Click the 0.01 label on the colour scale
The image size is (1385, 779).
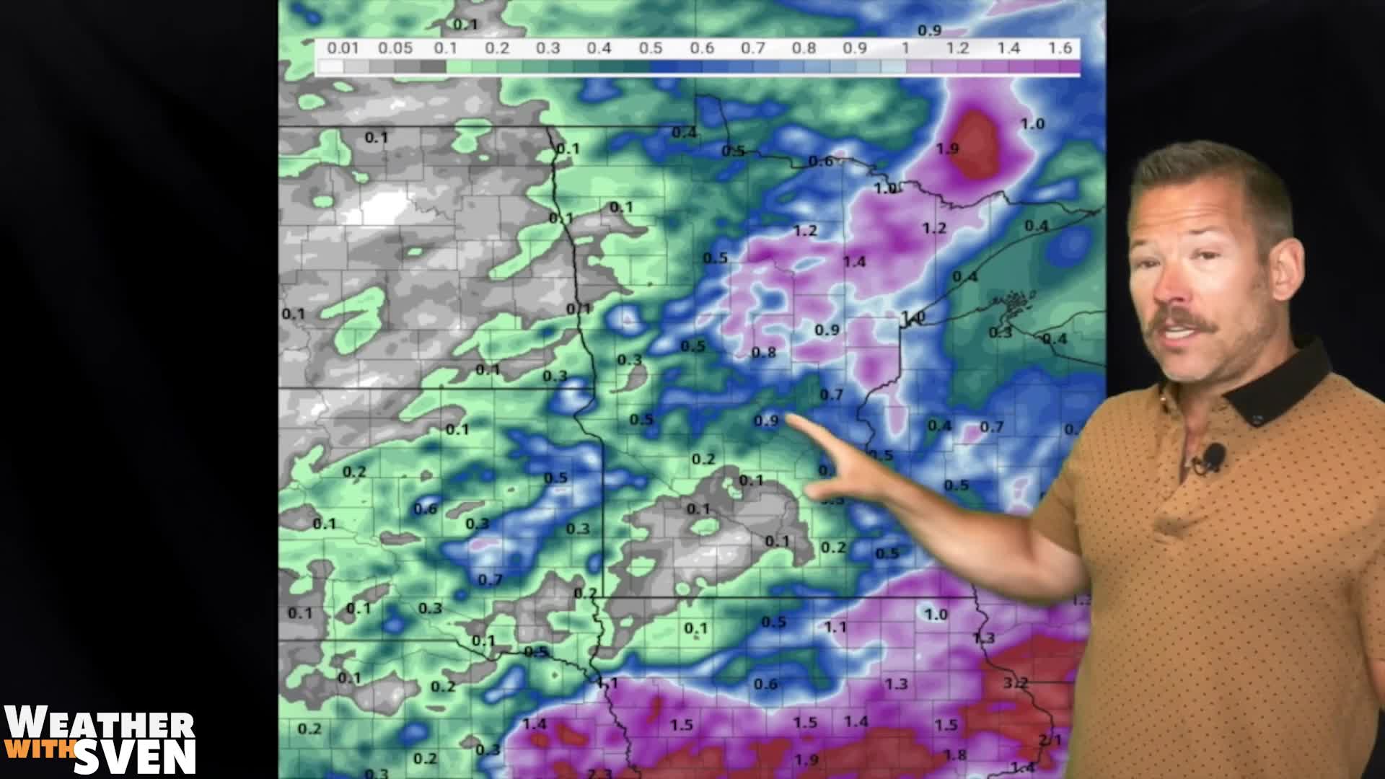343,48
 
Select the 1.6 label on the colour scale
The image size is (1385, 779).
1060,48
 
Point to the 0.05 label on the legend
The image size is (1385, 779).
395,48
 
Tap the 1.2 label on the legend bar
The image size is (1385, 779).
957,48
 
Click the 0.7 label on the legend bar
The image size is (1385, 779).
752,48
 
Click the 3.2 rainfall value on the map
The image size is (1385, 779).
1015,682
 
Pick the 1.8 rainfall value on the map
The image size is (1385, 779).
954,754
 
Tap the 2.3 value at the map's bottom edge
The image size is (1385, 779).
599,773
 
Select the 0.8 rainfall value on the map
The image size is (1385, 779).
763,353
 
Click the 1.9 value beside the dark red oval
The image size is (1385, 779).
947,149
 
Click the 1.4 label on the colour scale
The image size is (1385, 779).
1008,48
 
